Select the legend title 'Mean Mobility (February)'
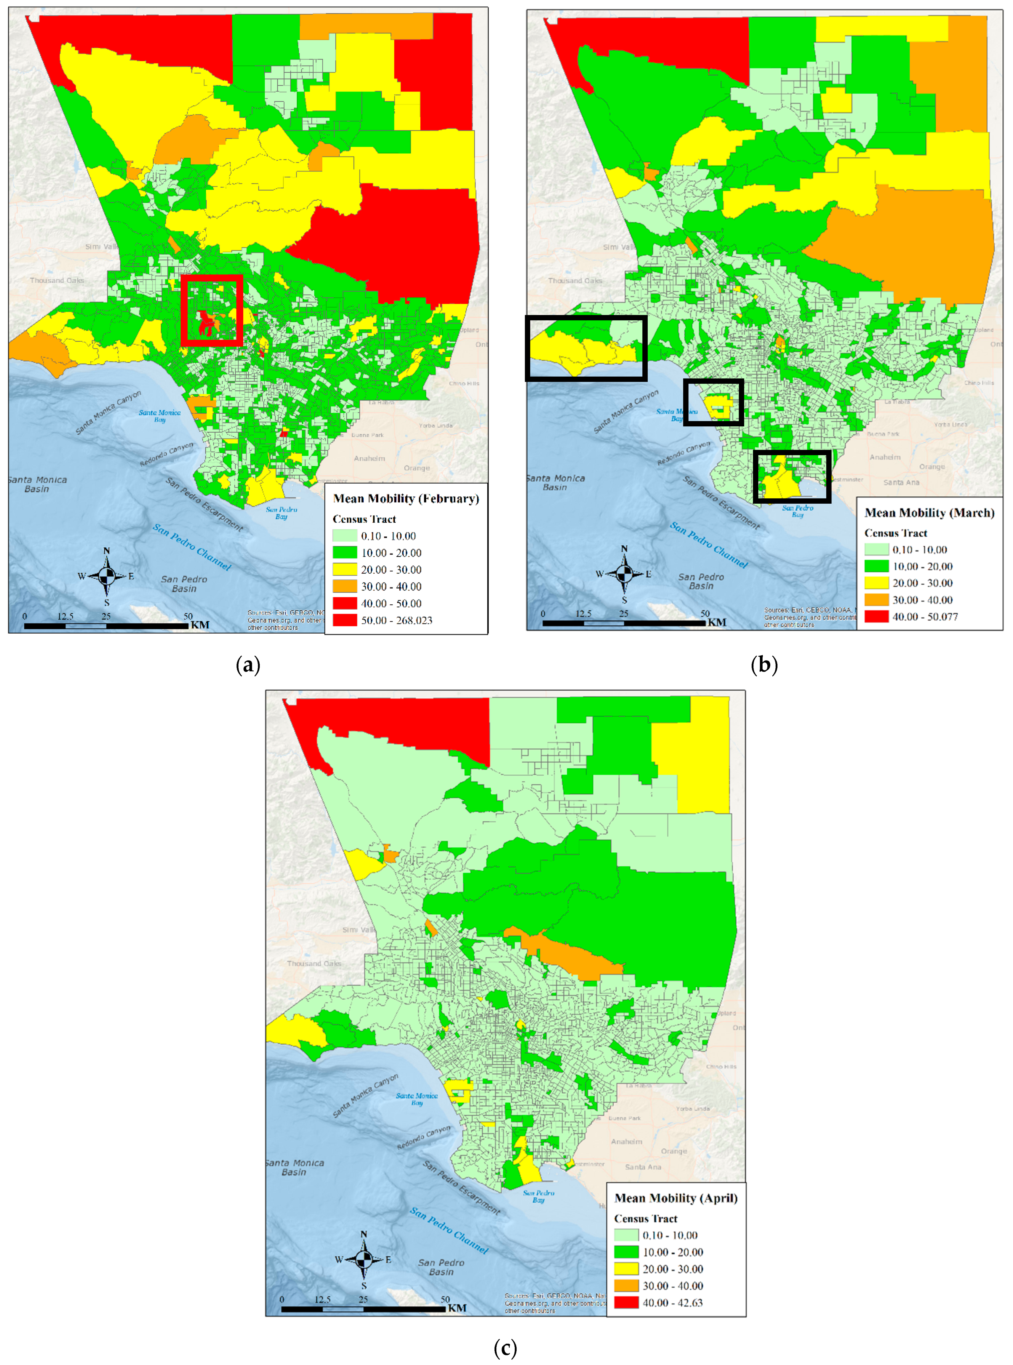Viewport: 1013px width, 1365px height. coord(406,499)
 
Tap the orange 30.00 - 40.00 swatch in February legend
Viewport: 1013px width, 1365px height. coord(345,586)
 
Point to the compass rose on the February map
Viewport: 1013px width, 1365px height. coord(107,575)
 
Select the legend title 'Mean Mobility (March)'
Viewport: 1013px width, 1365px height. coord(929,513)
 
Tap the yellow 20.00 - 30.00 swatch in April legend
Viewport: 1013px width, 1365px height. coord(626,1269)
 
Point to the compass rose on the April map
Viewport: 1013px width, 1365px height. coord(364,1259)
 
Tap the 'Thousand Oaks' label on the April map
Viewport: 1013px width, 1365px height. coord(314,963)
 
